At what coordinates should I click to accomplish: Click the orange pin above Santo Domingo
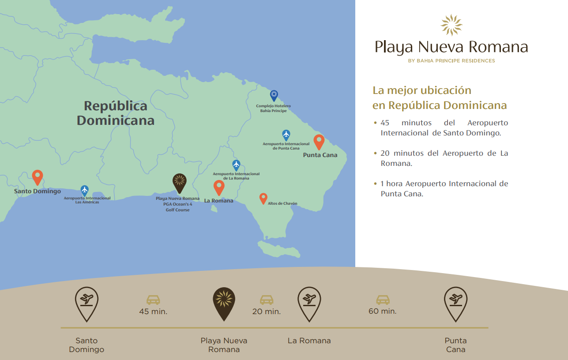(38, 177)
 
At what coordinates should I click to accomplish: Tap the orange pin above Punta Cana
(319, 142)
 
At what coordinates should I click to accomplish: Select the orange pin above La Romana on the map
(219, 187)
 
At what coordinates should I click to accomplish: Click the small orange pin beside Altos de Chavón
(263, 199)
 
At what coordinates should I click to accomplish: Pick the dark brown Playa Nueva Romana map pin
(179, 183)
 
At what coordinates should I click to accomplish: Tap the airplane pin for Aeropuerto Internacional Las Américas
(85, 191)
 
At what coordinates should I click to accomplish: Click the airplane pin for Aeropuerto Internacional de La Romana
(236, 165)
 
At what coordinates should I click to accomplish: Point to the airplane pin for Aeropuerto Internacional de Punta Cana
(286, 135)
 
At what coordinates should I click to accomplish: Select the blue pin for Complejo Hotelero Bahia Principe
(274, 95)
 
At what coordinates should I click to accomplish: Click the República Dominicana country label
(116, 113)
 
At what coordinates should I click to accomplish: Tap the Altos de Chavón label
(282, 204)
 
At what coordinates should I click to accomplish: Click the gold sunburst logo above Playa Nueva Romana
(451, 25)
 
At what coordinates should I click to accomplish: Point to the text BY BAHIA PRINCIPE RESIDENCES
(451, 61)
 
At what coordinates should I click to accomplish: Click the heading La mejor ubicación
(422, 90)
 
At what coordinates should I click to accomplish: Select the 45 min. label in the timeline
(153, 311)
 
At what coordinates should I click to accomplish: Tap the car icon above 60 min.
(383, 300)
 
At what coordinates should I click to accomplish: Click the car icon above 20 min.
(267, 300)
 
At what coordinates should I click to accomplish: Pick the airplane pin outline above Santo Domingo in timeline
(87, 303)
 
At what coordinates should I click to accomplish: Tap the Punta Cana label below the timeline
(455, 345)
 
